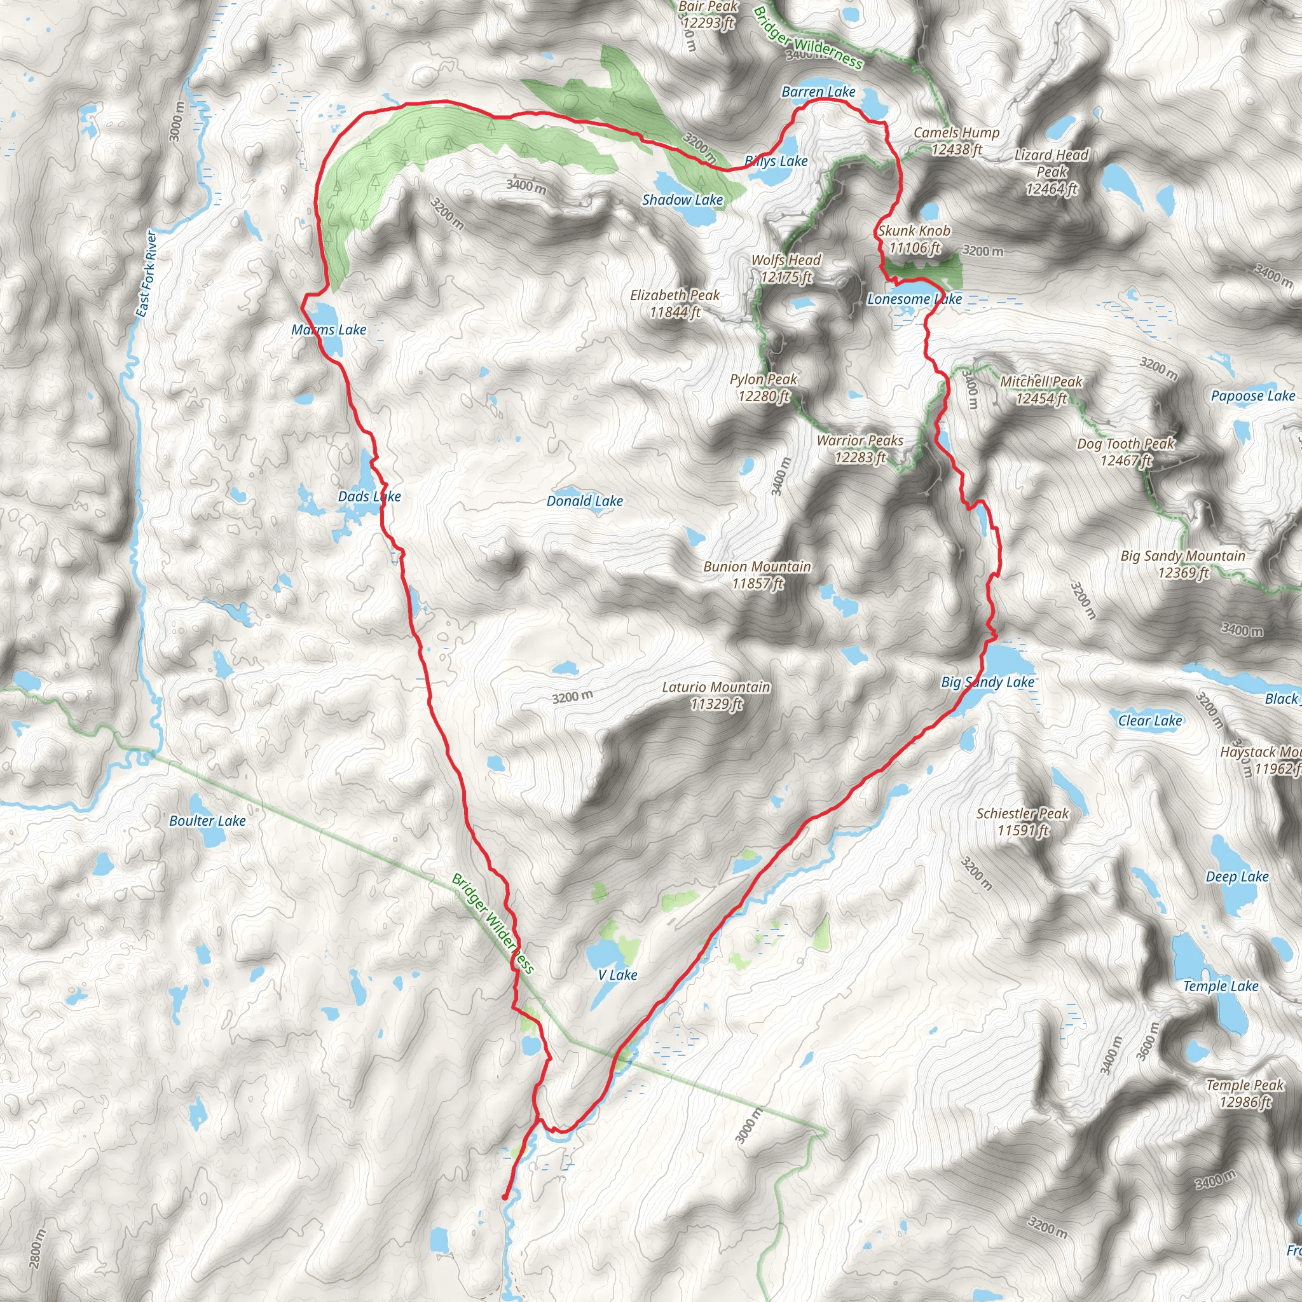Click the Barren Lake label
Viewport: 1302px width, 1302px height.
click(x=818, y=92)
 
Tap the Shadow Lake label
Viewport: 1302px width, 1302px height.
click(x=682, y=200)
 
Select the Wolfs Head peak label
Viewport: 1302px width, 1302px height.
click(x=786, y=268)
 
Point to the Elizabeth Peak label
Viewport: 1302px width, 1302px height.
click(x=675, y=303)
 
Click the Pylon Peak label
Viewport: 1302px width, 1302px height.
click(x=763, y=388)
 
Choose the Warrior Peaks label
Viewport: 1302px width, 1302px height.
click(x=860, y=449)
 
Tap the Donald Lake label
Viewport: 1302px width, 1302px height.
click(x=584, y=501)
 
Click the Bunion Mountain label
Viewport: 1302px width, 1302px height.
click(x=757, y=575)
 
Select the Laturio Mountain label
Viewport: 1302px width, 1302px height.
click(x=716, y=695)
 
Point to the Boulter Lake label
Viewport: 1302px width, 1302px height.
click(x=207, y=820)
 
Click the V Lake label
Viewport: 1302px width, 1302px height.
click(x=617, y=975)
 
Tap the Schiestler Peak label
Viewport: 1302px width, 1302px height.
click(x=1022, y=821)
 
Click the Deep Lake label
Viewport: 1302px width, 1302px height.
click(x=1237, y=877)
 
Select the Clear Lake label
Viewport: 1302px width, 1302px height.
click(x=1149, y=720)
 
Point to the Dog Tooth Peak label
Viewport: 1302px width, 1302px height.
click(x=1125, y=451)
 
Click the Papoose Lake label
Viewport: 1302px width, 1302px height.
click(x=1253, y=395)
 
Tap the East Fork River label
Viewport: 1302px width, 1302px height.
click(x=146, y=273)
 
